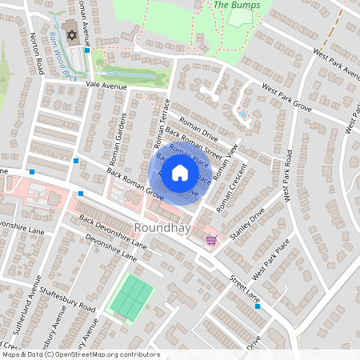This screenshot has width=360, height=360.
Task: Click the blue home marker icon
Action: [x=180, y=172]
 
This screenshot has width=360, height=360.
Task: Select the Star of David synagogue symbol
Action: [x=70, y=36]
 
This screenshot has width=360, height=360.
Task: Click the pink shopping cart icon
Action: [x=211, y=239]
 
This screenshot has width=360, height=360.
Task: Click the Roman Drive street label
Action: [x=198, y=129]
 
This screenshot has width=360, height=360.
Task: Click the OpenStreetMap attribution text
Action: [x=80, y=354]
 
